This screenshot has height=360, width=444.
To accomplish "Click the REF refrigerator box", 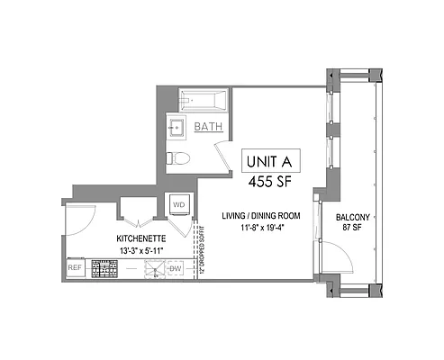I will point(76,268).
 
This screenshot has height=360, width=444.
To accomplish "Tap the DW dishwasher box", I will point(177,268).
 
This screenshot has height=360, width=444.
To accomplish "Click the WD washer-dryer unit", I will point(177,204).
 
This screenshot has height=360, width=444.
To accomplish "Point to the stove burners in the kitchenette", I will point(105,268).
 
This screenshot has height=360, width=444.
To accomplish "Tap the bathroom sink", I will point(177,129).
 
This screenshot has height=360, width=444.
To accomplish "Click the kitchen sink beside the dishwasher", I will point(153,268).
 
